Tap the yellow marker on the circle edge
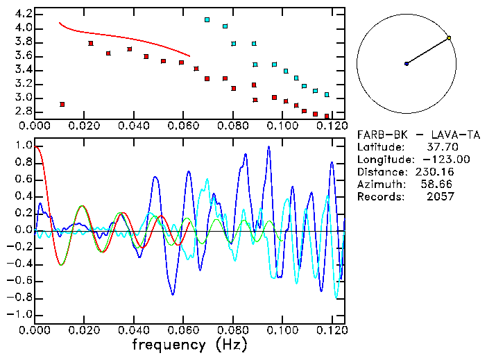click(450, 37)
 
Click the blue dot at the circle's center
click(407, 64)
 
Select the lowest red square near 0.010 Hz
click(62, 104)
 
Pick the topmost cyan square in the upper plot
click(207, 20)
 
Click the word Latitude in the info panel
click(379, 147)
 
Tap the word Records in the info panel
click(379, 197)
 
